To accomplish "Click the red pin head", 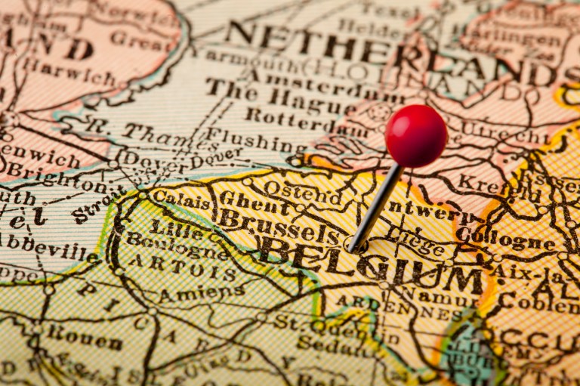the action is pos(415,135).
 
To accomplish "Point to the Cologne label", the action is pos(505,239).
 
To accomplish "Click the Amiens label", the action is pos(200,291).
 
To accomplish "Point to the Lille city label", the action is pos(166,226).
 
